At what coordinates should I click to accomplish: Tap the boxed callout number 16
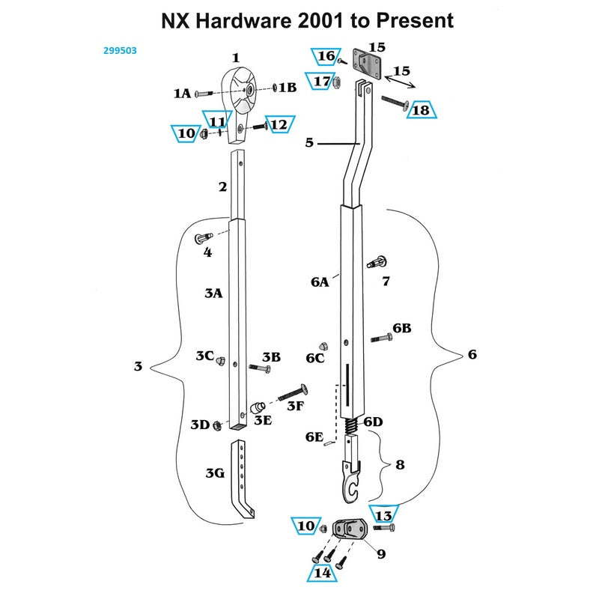tap(325, 56)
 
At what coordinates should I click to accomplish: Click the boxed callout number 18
tap(422, 110)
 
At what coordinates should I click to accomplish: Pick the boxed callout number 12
tap(279, 124)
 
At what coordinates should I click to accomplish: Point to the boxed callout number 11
tap(216, 121)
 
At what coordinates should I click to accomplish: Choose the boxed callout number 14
tap(323, 574)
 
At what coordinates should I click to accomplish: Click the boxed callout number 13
tap(383, 516)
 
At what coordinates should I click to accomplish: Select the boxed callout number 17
tap(322, 81)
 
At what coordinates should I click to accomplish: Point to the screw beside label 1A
tap(204, 94)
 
